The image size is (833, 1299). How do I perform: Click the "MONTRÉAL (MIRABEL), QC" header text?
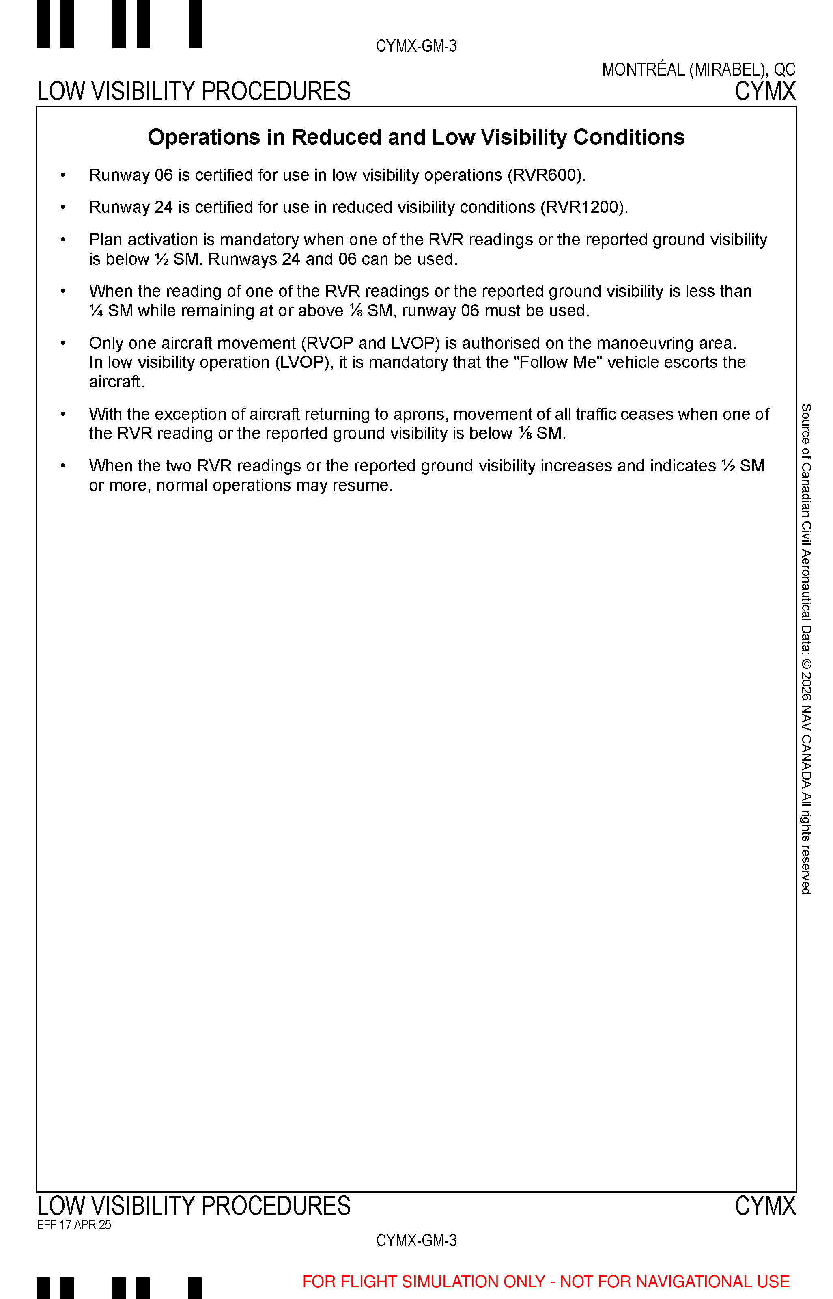tap(698, 70)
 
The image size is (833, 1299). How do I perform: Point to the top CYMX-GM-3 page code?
tap(416, 46)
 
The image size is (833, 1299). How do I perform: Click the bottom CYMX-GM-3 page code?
tap(416, 1240)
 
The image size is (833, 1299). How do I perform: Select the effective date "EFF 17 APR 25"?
tap(74, 1225)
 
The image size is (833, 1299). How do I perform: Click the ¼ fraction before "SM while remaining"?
tap(96, 311)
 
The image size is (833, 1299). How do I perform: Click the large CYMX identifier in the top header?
tap(765, 91)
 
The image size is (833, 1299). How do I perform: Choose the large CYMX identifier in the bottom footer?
tap(765, 1206)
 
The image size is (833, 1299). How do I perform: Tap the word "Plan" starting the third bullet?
tap(105, 240)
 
